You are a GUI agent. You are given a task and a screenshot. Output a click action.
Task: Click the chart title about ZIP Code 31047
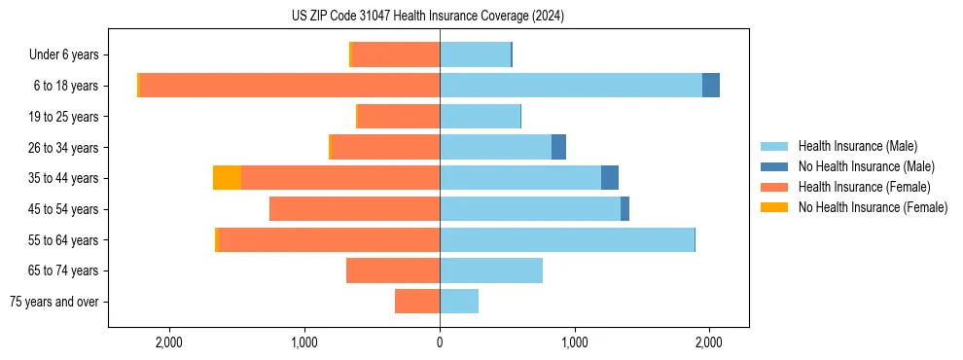(x=427, y=17)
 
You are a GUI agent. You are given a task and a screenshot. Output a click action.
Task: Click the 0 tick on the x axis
(x=440, y=342)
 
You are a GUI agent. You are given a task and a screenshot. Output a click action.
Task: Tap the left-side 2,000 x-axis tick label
(x=169, y=342)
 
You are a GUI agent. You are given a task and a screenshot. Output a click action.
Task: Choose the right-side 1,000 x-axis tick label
(x=574, y=342)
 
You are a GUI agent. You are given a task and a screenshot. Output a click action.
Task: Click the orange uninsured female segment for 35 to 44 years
(x=227, y=178)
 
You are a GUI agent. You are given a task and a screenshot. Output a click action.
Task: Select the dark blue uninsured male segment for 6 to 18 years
(x=711, y=86)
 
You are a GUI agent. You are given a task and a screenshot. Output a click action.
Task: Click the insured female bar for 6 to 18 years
(x=290, y=86)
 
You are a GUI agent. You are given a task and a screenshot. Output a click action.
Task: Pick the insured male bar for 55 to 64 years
(x=567, y=239)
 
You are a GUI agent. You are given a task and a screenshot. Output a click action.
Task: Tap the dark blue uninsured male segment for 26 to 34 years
(x=558, y=147)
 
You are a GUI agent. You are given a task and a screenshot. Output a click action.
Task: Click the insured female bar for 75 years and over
(x=417, y=302)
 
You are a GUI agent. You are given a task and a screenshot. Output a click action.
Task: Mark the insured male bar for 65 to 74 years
(x=491, y=270)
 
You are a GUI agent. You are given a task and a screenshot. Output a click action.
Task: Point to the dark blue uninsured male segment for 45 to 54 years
(x=624, y=209)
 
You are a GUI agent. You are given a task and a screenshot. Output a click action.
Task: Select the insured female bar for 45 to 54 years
(x=354, y=209)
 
